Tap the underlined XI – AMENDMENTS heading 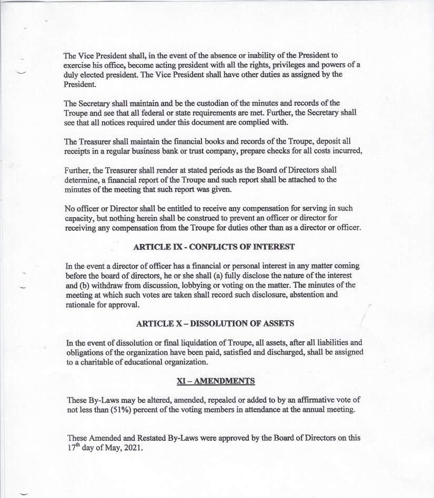coord(216,381)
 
